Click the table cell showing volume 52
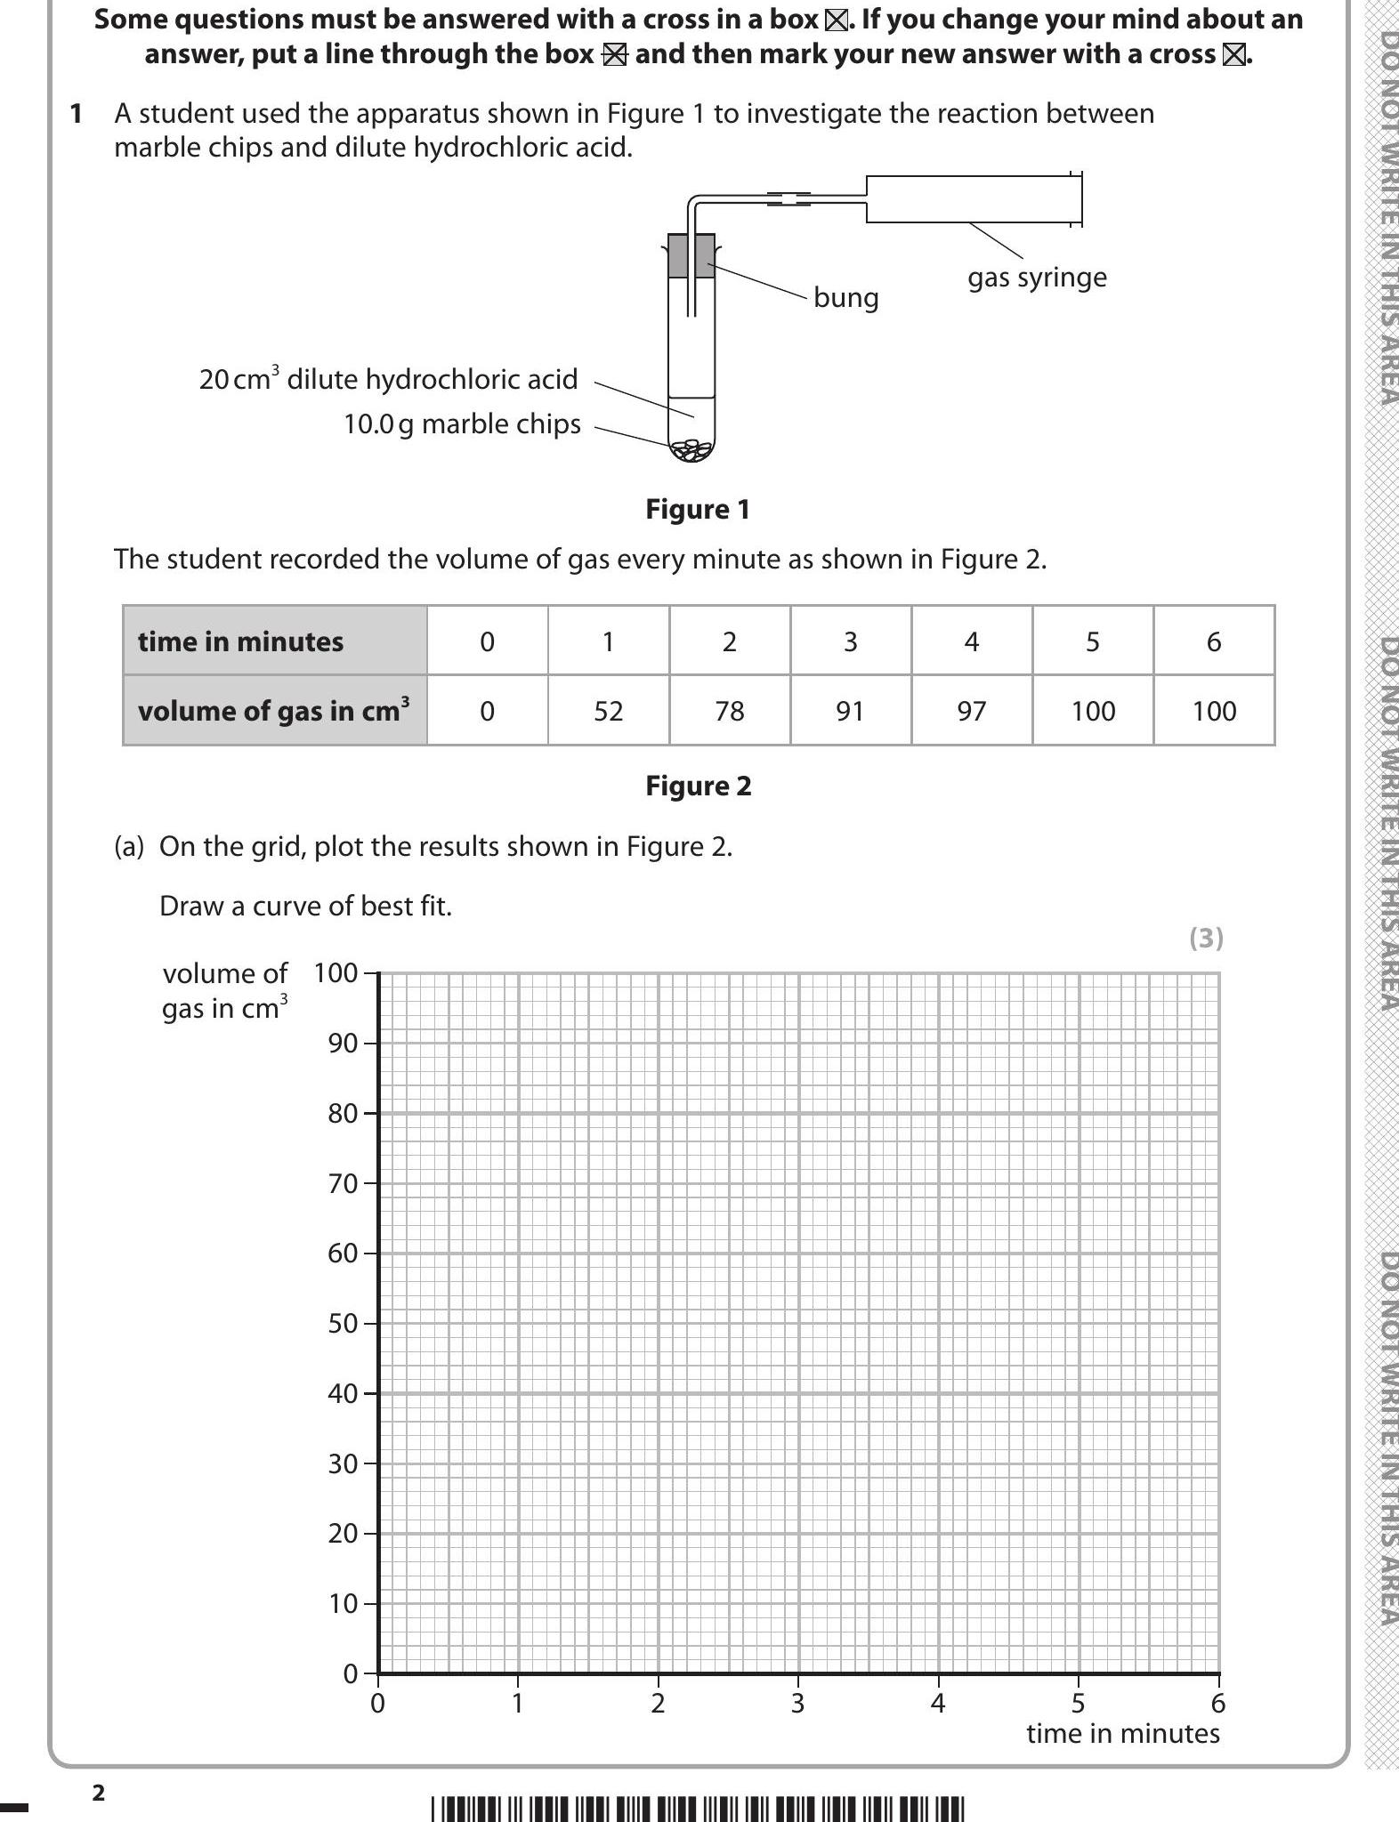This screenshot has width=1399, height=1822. [609, 711]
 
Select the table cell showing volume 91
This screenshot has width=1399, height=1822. [850, 711]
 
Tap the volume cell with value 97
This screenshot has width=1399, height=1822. [972, 711]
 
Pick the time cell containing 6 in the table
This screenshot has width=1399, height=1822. [1214, 641]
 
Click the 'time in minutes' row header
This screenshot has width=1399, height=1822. [275, 641]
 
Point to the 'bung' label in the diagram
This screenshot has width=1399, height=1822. [845, 297]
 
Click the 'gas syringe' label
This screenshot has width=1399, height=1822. [1037, 278]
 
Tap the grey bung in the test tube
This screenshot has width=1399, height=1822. [691, 256]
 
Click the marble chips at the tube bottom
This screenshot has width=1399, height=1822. [692, 451]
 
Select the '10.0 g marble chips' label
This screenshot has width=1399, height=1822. [462, 424]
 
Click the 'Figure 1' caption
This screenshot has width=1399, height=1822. [698, 510]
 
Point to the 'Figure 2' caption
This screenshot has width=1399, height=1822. [698, 786]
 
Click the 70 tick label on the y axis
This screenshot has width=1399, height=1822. [343, 1183]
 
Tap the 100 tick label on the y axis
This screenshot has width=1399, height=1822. [336, 972]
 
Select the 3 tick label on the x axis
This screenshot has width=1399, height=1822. [798, 1703]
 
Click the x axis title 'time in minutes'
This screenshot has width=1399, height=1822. [1122, 1733]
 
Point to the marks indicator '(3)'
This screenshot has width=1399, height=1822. [1206, 938]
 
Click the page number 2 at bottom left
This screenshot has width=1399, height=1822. [99, 1793]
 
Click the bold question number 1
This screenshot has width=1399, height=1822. [77, 114]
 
